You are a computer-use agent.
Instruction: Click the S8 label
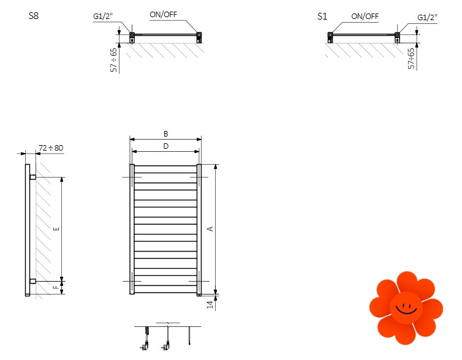(34, 17)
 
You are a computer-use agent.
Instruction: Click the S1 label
(322, 17)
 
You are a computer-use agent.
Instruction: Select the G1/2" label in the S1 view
(427, 17)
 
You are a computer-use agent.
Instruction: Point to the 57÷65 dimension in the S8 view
(113, 59)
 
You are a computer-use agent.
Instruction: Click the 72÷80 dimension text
(51, 148)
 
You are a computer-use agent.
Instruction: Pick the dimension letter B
(165, 133)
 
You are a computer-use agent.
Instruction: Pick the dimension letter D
(165, 146)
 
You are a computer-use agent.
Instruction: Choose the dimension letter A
(210, 229)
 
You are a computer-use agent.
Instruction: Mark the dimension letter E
(56, 229)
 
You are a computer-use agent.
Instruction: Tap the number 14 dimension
(210, 304)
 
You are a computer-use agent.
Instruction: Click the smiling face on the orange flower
(406, 306)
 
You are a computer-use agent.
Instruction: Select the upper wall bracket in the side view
(32, 177)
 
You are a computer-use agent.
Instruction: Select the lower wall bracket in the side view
(32, 281)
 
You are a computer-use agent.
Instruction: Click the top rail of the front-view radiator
(165, 167)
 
